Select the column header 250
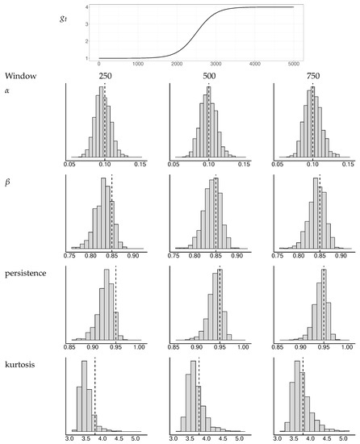105,76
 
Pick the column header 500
208,76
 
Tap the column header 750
312,76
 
